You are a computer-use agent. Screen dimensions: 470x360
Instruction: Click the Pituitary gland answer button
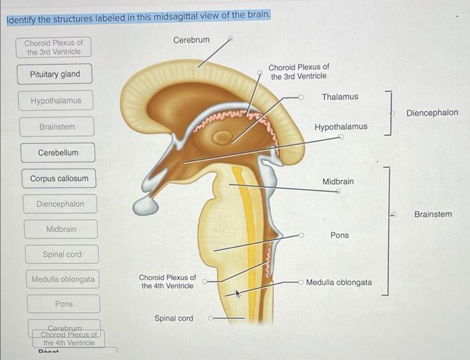(x=54, y=75)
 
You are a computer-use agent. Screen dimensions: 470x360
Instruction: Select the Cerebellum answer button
(x=58, y=153)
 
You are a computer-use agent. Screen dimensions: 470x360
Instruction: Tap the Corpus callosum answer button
(x=58, y=179)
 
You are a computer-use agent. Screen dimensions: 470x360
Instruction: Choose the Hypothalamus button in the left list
(x=56, y=101)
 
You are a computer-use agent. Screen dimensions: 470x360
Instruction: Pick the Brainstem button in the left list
(x=57, y=127)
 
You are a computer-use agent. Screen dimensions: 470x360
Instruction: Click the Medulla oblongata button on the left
(x=63, y=279)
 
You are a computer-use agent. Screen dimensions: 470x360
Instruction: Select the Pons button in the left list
(x=64, y=304)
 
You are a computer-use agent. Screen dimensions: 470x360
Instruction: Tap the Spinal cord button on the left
(x=62, y=255)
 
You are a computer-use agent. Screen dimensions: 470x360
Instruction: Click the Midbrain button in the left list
(x=61, y=230)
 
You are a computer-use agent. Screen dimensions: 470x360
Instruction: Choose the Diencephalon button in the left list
(x=60, y=204)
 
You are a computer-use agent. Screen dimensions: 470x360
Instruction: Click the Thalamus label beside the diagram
(x=340, y=97)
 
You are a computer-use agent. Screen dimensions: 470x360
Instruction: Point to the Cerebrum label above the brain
(x=191, y=40)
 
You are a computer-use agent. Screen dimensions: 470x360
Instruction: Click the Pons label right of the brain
(x=340, y=235)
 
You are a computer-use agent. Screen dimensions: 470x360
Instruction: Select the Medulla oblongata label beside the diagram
(x=339, y=282)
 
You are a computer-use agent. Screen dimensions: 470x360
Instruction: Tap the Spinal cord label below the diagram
(x=174, y=318)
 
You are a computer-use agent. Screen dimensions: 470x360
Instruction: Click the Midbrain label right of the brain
(x=338, y=181)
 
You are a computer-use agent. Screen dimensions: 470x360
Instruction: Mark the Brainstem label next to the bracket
(x=433, y=214)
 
